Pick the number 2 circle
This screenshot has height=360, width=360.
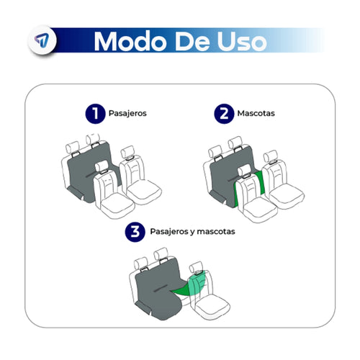223,114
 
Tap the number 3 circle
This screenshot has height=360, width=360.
134,233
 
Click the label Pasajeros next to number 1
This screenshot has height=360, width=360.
128,114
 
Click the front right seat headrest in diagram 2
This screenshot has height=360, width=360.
274,154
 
